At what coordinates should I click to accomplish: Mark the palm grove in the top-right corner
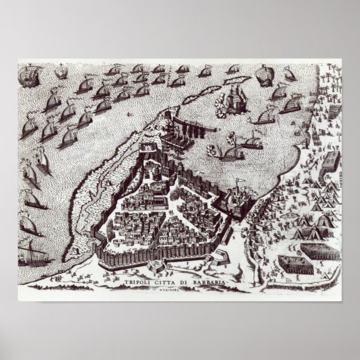330,84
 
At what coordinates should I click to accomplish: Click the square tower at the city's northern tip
149,149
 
